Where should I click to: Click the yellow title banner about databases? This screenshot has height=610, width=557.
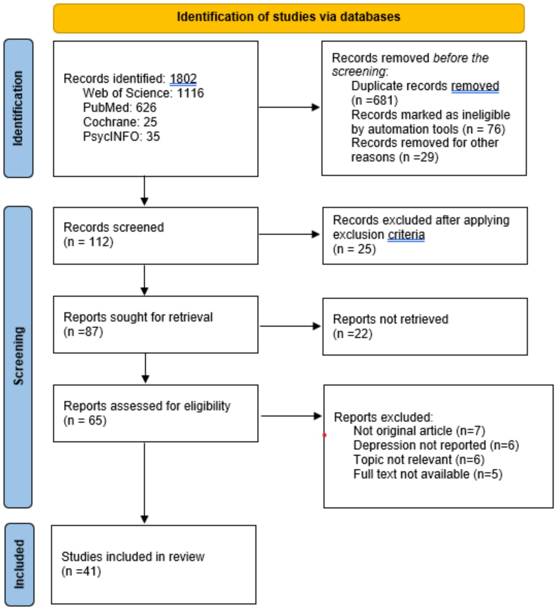pos(288,18)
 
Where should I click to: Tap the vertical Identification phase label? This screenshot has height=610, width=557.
pos(18,108)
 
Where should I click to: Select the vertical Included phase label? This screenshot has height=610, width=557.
pos(19,564)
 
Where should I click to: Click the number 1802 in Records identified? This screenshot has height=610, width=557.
pos(183,79)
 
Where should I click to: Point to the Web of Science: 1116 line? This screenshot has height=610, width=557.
pos(143,93)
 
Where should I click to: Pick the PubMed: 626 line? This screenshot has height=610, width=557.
pos(119,107)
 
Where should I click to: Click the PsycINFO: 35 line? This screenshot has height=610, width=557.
pos(121,136)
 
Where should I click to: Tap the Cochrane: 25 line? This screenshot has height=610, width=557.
pos(120,122)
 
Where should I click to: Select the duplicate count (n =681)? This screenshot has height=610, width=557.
pos(375,100)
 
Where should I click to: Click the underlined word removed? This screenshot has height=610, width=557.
pos(475,86)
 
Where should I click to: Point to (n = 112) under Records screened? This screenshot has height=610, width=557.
pos(88,242)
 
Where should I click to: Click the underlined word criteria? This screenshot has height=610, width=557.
pos(406,235)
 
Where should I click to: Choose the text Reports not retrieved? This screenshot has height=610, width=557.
pos(390,319)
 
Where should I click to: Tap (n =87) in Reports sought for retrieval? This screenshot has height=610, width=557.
pos(83,332)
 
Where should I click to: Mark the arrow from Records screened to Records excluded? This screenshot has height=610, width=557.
pos(289,234)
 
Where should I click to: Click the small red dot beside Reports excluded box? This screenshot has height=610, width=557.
pos(324,435)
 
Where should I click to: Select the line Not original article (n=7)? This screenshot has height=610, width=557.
pos(419,431)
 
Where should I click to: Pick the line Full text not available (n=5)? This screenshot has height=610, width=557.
pos(427,474)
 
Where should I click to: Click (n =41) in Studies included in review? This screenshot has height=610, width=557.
pos(81,571)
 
